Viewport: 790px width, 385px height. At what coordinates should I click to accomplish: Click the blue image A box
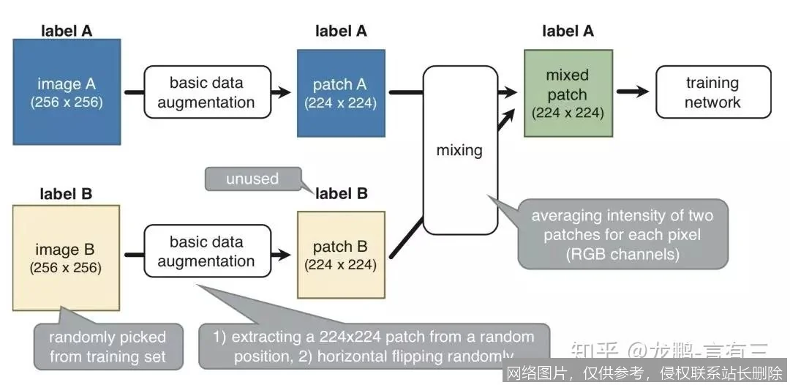click(x=67, y=91)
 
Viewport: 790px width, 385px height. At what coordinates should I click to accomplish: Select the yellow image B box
click(x=67, y=258)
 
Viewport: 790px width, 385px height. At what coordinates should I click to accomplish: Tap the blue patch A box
click(x=341, y=93)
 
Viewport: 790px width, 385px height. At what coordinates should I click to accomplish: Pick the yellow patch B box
click(x=341, y=255)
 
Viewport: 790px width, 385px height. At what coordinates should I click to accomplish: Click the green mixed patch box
click(x=567, y=93)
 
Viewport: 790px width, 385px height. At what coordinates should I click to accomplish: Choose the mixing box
click(x=459, y=150)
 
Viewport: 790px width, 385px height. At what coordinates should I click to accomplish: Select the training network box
click(x=712, y=92)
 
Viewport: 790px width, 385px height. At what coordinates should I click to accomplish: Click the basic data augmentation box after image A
click(x=206, y=92)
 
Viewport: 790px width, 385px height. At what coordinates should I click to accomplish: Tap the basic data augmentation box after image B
click(x=206, y=251)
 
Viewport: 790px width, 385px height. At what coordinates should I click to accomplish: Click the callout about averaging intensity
click(x=622, y=234)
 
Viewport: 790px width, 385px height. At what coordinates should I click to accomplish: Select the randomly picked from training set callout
click(x=108, y=347)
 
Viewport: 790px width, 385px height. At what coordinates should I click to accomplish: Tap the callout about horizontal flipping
click(x=374, y=346)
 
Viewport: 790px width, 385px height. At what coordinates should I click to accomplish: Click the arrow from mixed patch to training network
click(x=632, y=91)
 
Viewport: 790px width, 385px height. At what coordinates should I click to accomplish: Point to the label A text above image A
click(x=67, y=31)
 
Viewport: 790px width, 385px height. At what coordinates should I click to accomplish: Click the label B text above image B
click(x=67, y=195)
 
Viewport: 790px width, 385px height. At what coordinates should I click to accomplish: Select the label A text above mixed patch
click(x=568, y=31)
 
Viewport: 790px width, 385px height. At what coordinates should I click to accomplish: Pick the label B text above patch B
click(x=341, y=194)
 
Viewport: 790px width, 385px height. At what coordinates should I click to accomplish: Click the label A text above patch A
click(x=341, y=31)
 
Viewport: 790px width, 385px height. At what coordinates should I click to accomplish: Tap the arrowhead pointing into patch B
click(x=283, y=255)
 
